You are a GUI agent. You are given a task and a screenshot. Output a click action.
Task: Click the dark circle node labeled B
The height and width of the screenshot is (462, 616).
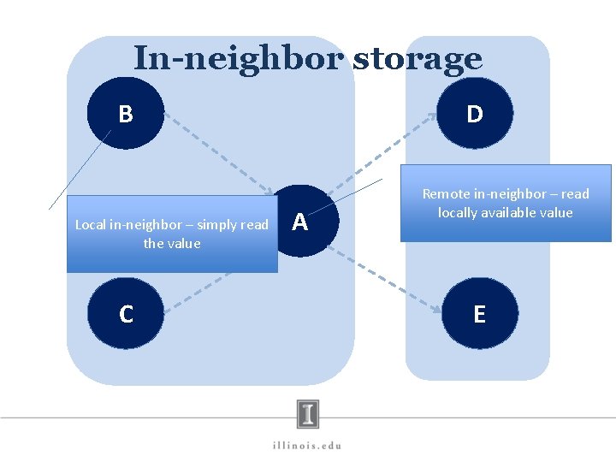(125, 113)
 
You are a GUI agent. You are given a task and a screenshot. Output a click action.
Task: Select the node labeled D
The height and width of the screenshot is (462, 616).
(475, 113)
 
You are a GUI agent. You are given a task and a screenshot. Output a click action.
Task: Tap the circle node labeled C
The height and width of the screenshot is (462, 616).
(126, 314)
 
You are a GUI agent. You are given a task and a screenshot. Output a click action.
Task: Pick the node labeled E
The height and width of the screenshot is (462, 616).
(479, 314)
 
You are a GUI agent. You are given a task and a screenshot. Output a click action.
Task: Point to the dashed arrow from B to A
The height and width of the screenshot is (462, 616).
(218, 154)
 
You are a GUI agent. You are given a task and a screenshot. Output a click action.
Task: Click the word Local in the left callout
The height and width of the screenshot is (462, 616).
(92, 225)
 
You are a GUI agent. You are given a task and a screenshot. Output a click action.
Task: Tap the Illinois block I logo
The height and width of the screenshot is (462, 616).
(308, 414)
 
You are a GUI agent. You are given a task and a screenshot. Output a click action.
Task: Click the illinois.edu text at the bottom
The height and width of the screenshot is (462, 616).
(307, 445)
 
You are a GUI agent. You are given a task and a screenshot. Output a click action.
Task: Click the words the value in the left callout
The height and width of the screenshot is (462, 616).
(172, 244)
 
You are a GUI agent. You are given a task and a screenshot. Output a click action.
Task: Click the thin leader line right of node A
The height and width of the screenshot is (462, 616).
(358, 192)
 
